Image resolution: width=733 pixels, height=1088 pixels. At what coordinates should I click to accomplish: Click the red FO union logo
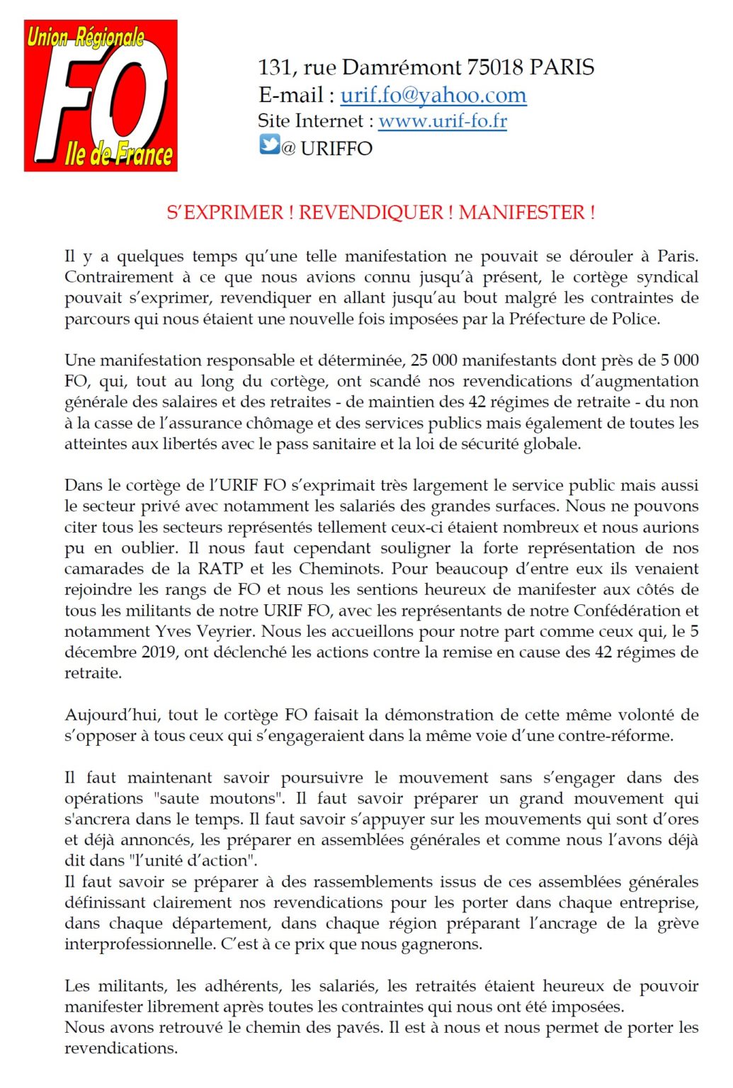coord(101,96)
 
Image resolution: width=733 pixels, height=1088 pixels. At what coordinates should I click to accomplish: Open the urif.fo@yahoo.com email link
coord(433,95)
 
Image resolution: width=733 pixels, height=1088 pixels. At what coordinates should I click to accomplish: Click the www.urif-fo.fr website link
coord(443,121)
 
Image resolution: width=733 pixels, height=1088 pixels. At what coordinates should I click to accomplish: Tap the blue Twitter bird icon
coord(269,145)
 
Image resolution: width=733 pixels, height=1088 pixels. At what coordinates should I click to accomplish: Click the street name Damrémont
coord(402,67)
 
